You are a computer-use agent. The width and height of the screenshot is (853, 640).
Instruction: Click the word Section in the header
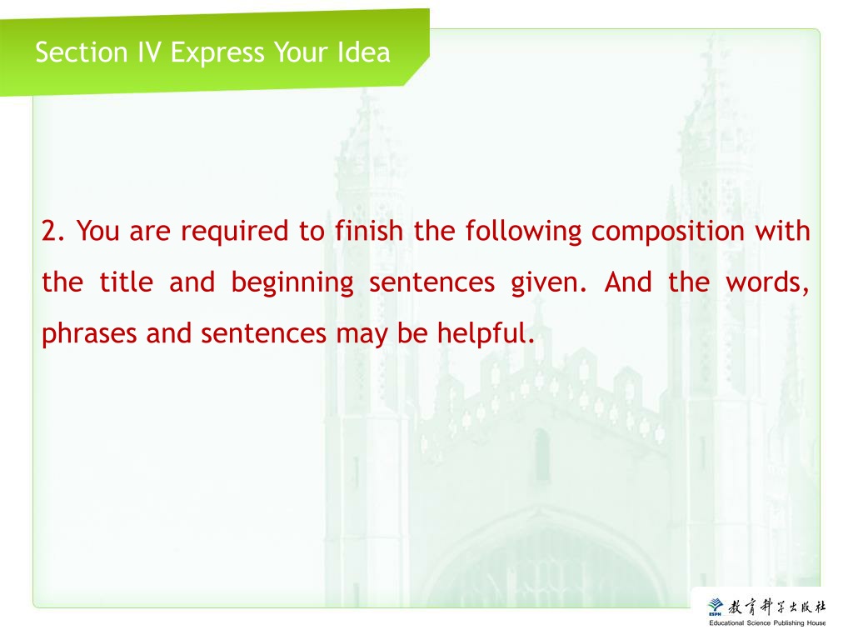pos(82,52)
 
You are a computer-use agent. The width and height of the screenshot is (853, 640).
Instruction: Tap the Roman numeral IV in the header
pos(149,52)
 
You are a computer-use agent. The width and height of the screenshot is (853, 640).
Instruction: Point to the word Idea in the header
pos(363,52)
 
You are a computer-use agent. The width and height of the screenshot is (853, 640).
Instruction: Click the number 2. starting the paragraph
pos(53,231)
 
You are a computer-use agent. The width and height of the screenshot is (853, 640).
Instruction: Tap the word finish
pos(369,230)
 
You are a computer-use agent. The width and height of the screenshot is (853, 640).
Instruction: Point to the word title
pos(127,282)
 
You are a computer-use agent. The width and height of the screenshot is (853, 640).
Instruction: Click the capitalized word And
pos(628,282)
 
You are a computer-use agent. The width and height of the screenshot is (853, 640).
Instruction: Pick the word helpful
pos(486,333)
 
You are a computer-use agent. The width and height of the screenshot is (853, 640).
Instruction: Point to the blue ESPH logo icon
pos(716,607)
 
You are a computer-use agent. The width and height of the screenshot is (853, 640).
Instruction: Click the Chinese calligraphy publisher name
pos(777,607)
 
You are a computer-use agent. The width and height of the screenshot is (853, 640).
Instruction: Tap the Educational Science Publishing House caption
pos(767,623)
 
